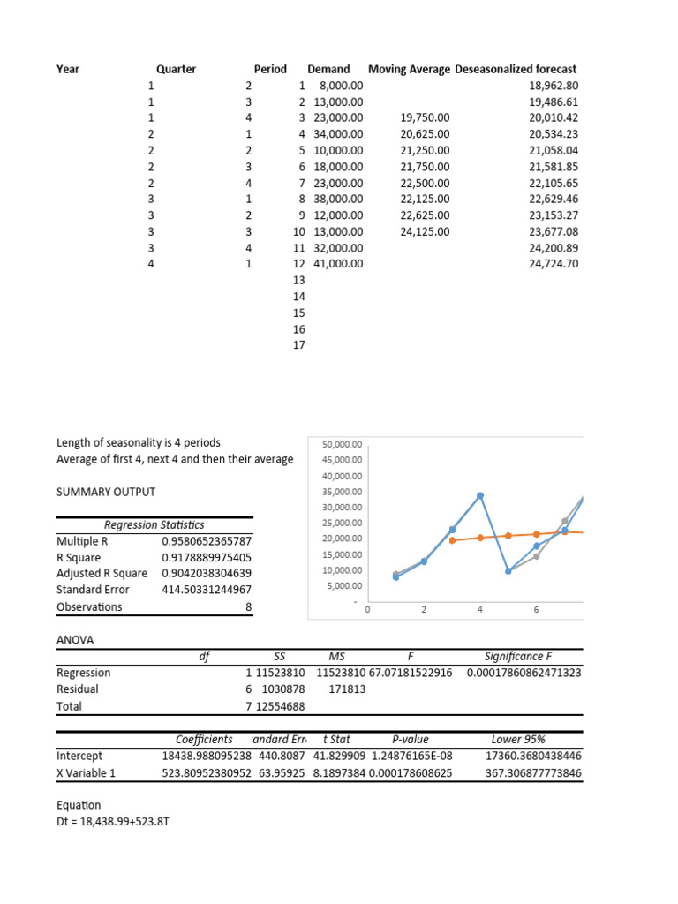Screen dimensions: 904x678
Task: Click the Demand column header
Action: coord(328,69)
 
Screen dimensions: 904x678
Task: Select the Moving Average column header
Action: coord(409,69)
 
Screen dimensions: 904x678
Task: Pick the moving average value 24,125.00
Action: coord(425,232)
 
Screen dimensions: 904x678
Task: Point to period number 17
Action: coord(298,345)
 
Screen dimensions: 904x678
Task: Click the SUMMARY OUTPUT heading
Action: coord(106,492)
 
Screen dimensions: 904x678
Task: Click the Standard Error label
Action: coord(93,590)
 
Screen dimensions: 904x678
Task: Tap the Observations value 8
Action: coord(249,607)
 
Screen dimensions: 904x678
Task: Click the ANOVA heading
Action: coord(75,639)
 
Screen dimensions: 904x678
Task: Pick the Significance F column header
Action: coord(519,656)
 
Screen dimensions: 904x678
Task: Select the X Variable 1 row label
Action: coord(87,773)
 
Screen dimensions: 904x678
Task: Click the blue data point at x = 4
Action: coord(480,496)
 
